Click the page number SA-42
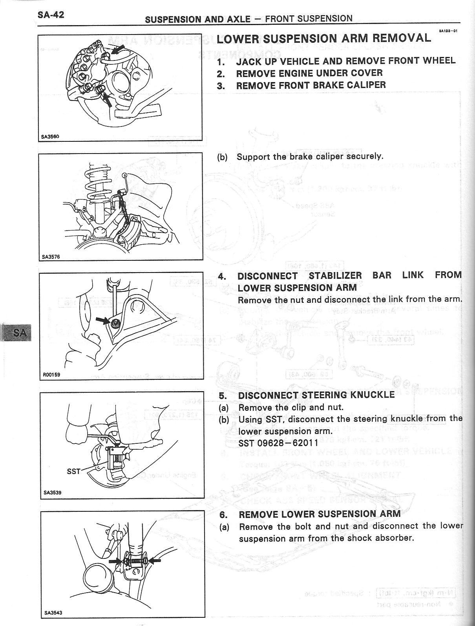[51, 15]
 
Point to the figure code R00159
[51, 375]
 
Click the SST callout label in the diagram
[73, 471]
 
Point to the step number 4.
[222, 276]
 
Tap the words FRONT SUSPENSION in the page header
[309, 18]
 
